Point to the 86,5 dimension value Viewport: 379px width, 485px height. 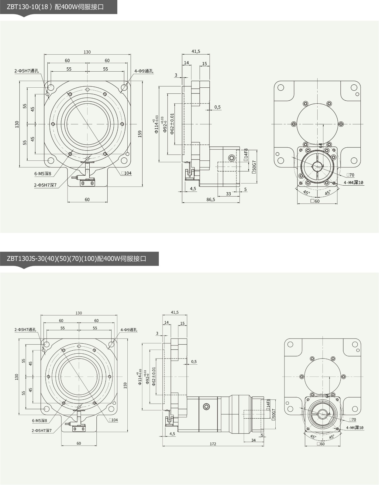[211, 200]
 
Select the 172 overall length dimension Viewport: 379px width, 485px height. [213, 444]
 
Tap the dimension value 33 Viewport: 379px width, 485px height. [228, 194]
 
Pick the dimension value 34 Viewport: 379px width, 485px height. [253, 440]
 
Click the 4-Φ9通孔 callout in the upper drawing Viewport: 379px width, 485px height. [144, 71]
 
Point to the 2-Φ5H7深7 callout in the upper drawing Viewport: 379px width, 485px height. [45, 185]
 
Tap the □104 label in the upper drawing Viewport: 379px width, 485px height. [126, 173]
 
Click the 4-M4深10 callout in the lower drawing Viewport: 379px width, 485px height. [355, 428]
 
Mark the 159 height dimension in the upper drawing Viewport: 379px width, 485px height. [140, 134]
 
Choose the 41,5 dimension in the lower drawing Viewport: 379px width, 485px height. [175, 312]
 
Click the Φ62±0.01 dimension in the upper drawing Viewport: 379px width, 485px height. [172, 124]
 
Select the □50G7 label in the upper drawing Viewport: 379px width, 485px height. [254, 167]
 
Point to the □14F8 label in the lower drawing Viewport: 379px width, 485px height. [268, 405]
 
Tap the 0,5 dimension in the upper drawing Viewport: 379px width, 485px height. [217, 107]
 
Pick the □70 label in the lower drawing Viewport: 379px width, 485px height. [353, 420]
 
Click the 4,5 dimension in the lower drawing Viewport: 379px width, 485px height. [172, 434]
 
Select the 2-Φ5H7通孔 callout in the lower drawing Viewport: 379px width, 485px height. [25, 330]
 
